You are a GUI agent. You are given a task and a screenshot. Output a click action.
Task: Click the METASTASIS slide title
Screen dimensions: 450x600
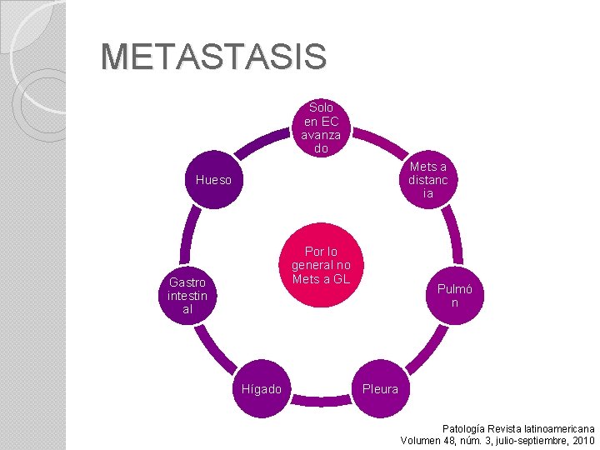(213, 57)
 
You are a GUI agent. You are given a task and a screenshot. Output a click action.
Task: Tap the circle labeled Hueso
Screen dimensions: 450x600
(214, 179)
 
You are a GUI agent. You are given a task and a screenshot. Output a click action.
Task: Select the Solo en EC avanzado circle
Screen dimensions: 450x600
(321, 127)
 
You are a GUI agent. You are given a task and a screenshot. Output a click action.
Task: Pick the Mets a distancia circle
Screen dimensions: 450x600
(427, 179)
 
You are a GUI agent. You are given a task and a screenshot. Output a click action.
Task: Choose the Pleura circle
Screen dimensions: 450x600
(380, 388)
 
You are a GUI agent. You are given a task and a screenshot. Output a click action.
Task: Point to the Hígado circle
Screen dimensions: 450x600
(262, 388)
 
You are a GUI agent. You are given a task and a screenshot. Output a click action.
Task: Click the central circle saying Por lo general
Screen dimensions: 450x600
(321, 265)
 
